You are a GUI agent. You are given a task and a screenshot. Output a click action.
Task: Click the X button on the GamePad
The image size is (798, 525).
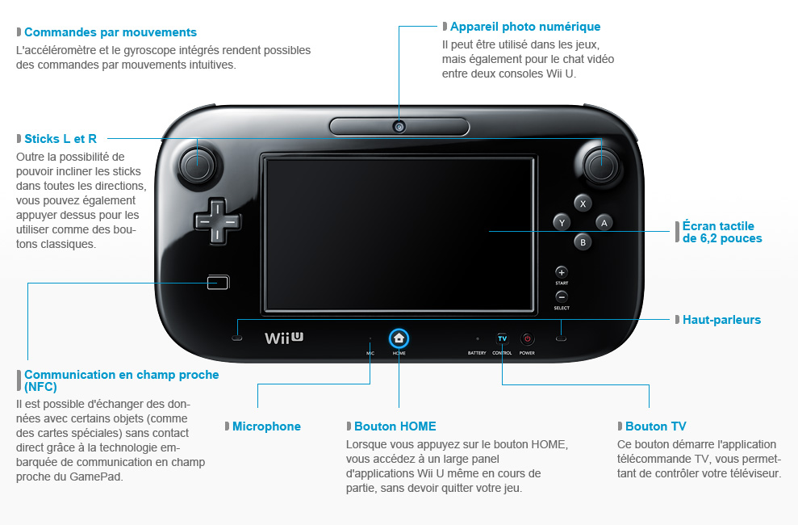583,203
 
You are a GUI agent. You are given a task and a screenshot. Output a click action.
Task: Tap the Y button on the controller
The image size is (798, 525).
562,222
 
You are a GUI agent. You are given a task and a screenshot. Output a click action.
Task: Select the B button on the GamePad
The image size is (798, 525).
583,241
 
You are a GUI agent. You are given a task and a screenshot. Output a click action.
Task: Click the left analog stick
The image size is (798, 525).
196,165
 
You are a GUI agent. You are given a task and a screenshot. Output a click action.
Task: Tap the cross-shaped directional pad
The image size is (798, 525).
216,220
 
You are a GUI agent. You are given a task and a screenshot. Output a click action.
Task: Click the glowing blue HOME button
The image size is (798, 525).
399,338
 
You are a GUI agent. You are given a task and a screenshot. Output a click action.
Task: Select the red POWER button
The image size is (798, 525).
527,338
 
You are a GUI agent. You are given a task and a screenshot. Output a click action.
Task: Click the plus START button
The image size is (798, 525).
562,272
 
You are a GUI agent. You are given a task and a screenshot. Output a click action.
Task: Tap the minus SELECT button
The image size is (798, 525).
562,296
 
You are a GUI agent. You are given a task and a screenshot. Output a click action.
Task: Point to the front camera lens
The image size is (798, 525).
399,127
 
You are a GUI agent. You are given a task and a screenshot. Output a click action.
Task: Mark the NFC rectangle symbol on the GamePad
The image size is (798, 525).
218,283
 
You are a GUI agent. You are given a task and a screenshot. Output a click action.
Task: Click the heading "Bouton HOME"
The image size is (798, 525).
395,426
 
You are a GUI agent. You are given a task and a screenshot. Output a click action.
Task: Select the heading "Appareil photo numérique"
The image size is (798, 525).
524,27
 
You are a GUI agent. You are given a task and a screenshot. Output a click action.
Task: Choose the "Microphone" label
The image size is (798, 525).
266,426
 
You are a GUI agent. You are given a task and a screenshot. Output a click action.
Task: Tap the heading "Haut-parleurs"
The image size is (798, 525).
721,320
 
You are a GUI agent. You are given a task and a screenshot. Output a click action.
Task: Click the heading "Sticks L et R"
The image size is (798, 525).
61,139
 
